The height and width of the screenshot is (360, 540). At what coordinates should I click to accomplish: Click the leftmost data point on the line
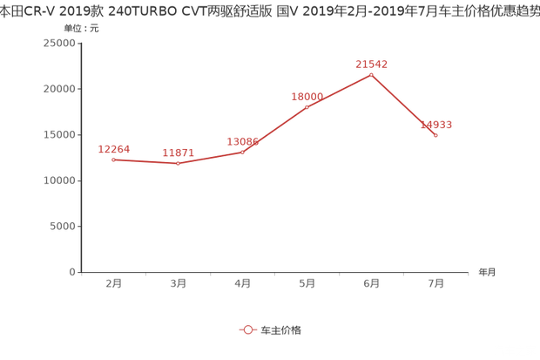click(x=113, y=159)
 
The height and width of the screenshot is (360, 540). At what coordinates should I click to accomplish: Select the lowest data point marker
click(x=178, y=163)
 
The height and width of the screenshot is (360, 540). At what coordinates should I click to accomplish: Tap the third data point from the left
click(x=242, y=152)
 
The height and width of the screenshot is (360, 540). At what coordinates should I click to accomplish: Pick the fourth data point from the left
click(x=307, y=105)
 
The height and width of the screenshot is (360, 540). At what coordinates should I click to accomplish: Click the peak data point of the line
click(x=372, y=74)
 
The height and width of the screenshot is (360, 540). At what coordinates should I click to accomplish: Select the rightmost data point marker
click(x=435, y=135)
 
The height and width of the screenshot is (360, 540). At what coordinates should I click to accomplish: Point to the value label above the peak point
click(x=371, y=64)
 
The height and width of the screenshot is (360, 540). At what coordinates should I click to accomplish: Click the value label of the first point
click(x=115, y=148)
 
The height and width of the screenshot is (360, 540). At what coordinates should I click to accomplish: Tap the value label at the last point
click(x=436, y=125)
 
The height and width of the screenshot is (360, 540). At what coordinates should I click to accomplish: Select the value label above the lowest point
click(x=179, y=153)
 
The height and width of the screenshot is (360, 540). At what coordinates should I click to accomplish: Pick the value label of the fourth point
click(x=307, y=95)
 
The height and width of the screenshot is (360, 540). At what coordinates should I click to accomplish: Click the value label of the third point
click(x=242, y=140)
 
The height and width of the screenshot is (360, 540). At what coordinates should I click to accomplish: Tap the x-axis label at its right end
click(x=485, y=272)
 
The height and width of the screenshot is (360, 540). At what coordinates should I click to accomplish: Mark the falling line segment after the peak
click(x=404, y=105)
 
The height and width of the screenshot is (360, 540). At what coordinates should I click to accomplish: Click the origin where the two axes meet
click(x=80, y=272)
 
